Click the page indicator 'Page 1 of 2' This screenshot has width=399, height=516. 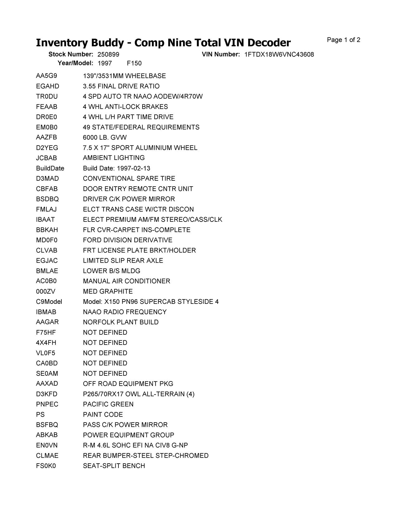click(x=344, y=40)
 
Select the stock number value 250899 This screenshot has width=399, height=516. click(x=108, y=55)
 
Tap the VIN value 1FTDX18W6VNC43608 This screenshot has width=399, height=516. click(x=279, y=55)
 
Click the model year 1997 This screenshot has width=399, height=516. click(x=105, y=63)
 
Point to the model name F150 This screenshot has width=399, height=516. click(x=134, y=63)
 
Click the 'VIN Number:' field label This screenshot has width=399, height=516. click(x=221, y=54)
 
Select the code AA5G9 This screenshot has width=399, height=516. click(x=46, y=76)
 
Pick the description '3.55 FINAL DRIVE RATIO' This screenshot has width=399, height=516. click(x=121, y=86)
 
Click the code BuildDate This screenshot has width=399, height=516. click(x=50, y=168)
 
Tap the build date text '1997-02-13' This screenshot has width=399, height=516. click(x=133, y=168)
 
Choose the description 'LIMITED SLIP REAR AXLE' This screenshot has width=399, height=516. click(x=123, y=260)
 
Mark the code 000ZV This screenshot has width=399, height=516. click(x=46, y=291)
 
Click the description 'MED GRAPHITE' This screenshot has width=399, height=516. click(x=108, y=291)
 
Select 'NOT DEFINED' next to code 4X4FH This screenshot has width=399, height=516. click(x=105, y=343)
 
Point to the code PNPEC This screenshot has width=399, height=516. click(x=47, y=404)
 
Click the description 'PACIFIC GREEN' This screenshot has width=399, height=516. click(x=108, y=404)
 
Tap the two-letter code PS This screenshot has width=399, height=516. click(x=40, y=414)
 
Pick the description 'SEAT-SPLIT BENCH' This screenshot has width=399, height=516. click(x=114, y=466)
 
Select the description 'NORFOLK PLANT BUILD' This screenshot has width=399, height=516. click(x=121, y=322)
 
